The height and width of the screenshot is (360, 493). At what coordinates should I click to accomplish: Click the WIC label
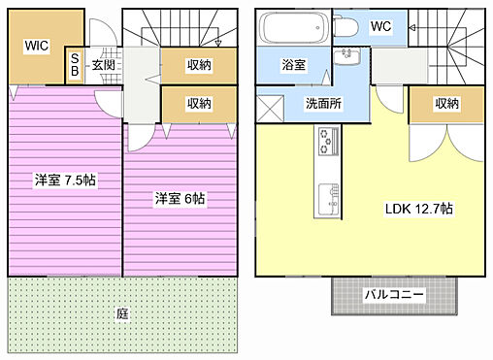click(37, 44)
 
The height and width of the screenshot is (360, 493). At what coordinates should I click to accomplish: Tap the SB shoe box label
click(75, 65)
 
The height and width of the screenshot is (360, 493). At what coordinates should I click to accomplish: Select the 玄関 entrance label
click(103, 65)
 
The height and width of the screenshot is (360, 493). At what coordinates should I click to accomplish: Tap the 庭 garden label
click(122, 313)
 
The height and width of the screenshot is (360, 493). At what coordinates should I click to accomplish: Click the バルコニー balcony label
click(393, 293)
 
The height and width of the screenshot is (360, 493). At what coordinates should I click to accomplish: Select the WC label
click(379, 25)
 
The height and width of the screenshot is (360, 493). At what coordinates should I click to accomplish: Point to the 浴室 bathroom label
click(294, 65)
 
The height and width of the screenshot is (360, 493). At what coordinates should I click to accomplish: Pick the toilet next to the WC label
click(345, 28)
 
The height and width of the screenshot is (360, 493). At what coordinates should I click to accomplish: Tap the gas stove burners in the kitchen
click(323, 145)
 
